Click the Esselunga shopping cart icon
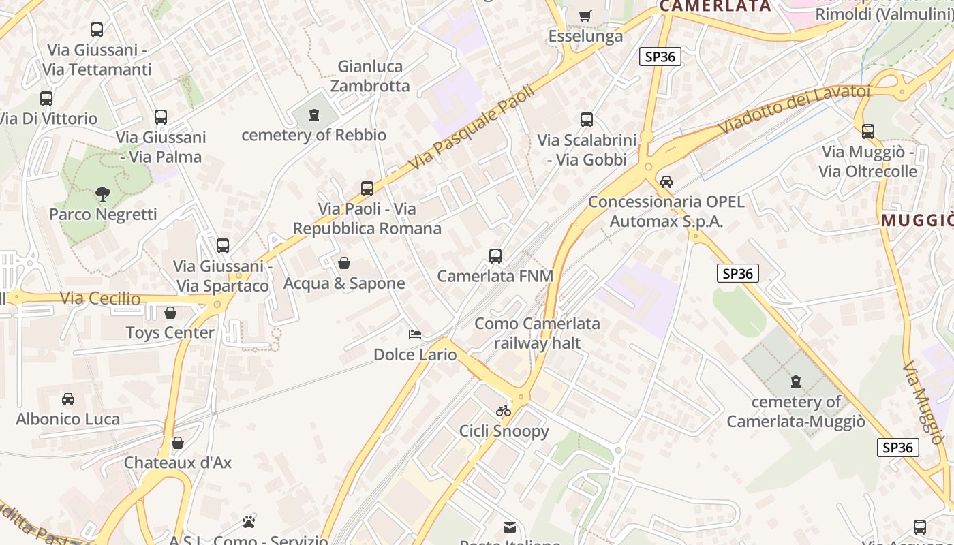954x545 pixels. tap(585, 15)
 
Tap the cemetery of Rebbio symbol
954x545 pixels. tap(313, 115)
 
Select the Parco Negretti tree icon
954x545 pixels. tap(102, 194)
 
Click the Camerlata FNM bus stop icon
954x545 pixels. tap(495, 256)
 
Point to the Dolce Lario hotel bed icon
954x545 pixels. tap(415, 334)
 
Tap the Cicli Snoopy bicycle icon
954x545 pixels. tap(504, 411)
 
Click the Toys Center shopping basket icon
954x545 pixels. tap(170, 313)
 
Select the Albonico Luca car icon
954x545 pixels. tap(68, 399)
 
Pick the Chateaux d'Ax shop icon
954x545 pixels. tap(178, 443)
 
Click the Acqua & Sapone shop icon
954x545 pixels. tap(344, 263)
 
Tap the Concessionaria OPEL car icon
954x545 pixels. tap(666, 182)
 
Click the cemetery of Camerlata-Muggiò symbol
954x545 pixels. tap(795, 381)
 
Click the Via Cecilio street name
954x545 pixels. tap(100, 298)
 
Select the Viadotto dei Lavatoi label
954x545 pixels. tap(794, 109)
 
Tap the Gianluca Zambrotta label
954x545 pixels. tap(370, 76)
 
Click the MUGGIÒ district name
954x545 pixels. tap(917, 221)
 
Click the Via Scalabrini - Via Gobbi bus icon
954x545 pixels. tap(587, 120)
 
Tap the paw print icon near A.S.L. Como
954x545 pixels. tap(249, 522)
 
